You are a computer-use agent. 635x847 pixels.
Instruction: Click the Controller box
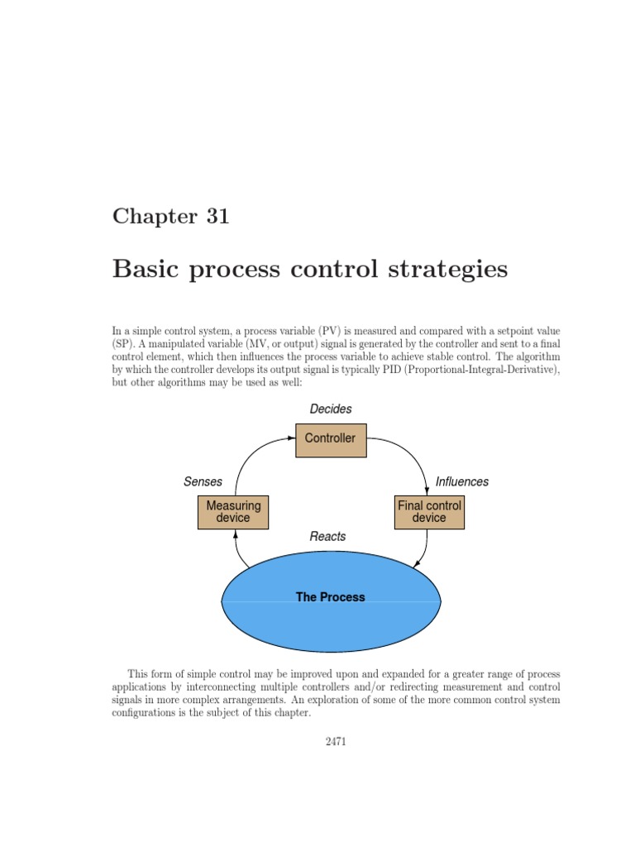(x=330, y=439)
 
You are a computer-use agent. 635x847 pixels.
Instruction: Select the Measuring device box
(x=233, y=512)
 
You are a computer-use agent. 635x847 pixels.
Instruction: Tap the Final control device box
(x=429, y=512)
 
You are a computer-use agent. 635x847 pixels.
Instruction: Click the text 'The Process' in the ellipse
(x=330, y=597)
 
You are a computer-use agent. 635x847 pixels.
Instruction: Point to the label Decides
(x=331, y=409)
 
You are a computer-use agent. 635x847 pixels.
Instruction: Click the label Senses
(x=203, y=481)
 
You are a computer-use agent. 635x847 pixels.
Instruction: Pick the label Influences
(x=462, y=481)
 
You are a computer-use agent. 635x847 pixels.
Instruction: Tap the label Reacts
(x=327, y=537)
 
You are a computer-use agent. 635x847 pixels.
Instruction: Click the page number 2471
(x=335, y=742)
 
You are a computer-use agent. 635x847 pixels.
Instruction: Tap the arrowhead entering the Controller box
(x=292, y=439)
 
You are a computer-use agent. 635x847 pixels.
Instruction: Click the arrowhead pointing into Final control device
(x=427, y=490)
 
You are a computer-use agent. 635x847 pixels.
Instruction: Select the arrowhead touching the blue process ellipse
(x=417, y=564)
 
